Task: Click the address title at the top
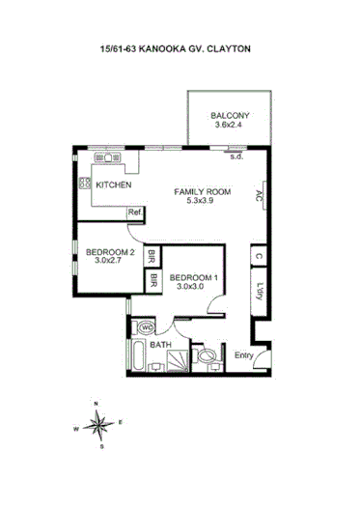click(x=180, y=50)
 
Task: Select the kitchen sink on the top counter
click(x=103, y=156)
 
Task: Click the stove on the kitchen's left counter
click(x=84, y=183)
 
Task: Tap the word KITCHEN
click(x=114, y=184)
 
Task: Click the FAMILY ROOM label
click(x=201, y=191)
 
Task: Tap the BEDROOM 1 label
click(x=195, y=280)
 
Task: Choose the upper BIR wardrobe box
click(x=152, y=258)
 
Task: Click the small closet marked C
click(x=259, y=256)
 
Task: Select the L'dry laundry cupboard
click(x=260, y=291)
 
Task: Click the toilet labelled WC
click(x=148, y=327)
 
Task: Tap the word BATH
click(x=160, y=344)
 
